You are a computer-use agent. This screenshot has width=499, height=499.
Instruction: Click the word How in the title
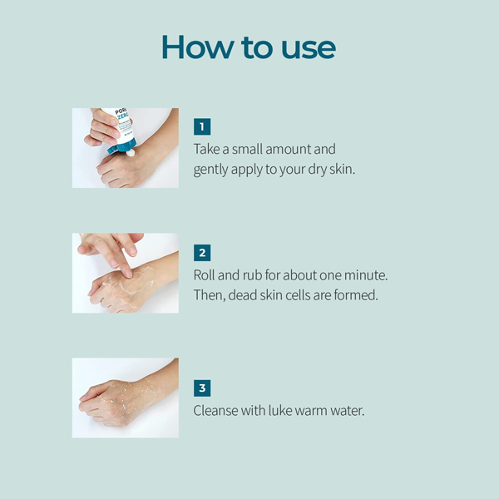[x=197, y=47]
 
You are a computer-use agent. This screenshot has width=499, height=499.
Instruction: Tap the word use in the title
[x=309, y=49]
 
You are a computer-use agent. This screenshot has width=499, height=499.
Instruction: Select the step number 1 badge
[x=202, y=126]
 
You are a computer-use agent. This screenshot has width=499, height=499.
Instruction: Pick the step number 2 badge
[x=202, y=253]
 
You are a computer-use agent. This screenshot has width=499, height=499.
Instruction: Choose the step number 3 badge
[x=202, y=388]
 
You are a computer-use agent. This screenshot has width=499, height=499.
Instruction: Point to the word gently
[x=210, y=170]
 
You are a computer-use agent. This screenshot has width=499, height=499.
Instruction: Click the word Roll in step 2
[x=204, y=275]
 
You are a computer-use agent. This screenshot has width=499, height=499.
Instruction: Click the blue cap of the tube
[x=122, y=146]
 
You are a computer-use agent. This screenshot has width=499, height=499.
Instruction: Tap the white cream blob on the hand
[x=131, y=153]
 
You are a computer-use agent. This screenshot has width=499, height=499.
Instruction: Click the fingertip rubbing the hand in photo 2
[x=128, y=273]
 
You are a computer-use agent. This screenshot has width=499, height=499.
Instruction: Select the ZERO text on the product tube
[x=123, y=117]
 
